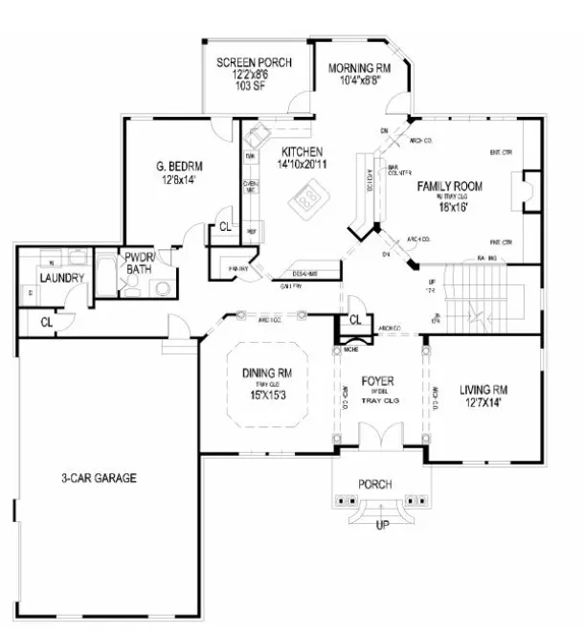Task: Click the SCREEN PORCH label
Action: tap(254, 63)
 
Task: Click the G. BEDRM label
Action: tap(179, 170)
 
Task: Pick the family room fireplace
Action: tap(523, 190)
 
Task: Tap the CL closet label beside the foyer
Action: tap(354, 319)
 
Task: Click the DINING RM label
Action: tap(264, 374)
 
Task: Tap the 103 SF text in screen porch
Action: tap(254, 86)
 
